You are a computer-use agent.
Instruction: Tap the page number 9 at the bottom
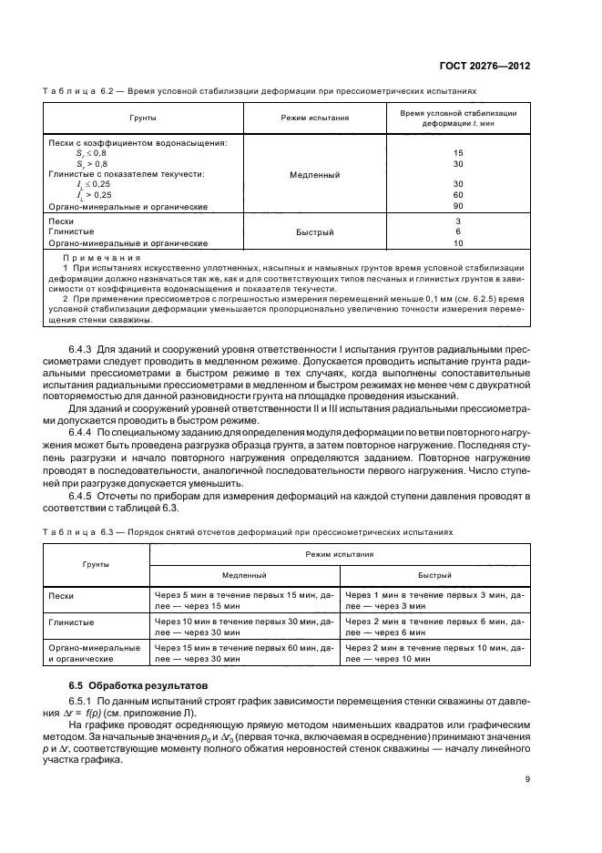(527, 777)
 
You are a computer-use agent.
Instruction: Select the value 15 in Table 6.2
(458, 153)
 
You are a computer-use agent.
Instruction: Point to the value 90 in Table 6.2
(458, 206)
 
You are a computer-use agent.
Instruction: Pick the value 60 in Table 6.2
(458, 194)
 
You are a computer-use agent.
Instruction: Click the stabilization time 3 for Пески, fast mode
(458, 221)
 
